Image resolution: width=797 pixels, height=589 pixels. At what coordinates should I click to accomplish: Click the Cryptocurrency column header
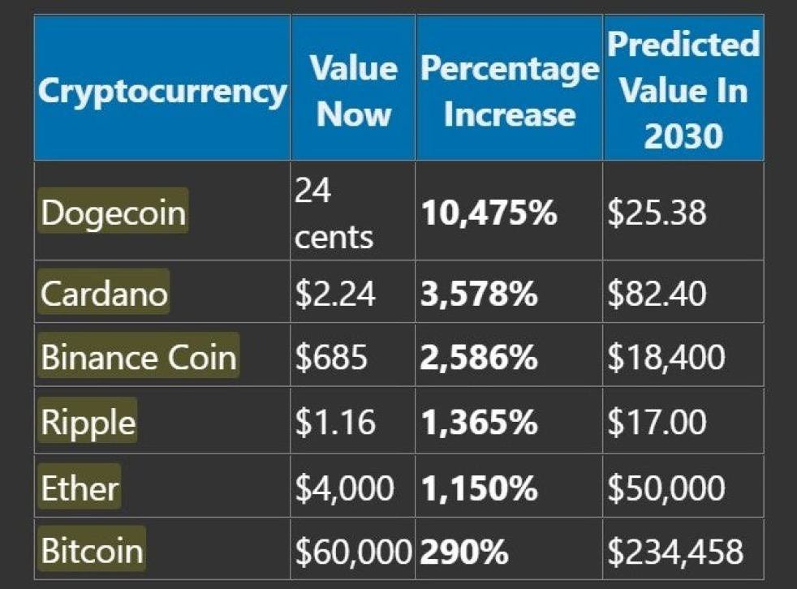(x=162, y=91)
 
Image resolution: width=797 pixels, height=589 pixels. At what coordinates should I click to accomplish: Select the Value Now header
(x=354, y=91)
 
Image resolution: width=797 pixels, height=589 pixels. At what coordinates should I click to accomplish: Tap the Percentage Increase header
(x=509, y=91)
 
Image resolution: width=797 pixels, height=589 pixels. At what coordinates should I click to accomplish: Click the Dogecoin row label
(x=114, y=213)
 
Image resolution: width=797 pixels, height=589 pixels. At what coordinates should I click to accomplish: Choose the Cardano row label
(x=104, y=293)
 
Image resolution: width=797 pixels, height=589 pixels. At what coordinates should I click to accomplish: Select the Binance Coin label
(x=139, y=358)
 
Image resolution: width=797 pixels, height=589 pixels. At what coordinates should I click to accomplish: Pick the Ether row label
(x=80, y=488)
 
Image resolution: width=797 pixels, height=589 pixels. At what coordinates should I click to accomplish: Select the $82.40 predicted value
(x=657, y=294)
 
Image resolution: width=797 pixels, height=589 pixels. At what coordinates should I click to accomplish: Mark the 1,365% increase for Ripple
(x=479, y=423)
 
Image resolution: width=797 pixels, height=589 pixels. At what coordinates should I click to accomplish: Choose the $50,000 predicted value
(x=666, y=488)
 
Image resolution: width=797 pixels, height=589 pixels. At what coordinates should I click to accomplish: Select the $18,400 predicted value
(x=666, y=358)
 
